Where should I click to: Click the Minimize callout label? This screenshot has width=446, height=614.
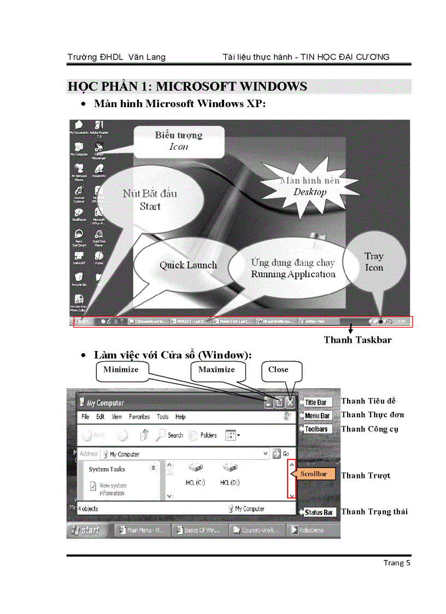(121, 370)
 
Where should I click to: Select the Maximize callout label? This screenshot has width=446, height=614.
(216, 370)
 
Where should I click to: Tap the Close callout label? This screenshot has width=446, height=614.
(279, 370)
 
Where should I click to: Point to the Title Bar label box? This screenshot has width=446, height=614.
(315, 402)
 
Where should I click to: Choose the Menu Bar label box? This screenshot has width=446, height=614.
(317, 416)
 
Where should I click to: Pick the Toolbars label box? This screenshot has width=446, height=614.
(316, 429)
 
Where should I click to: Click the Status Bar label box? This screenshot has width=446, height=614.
(319, 512)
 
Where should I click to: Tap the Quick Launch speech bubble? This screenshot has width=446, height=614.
(188, 265)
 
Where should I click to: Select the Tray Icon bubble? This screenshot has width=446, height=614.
(374, 262)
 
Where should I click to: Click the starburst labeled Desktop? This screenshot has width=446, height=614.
(309, 186)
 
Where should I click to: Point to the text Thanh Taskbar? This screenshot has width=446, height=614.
(357, 340)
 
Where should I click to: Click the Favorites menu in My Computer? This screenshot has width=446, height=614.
(139, 417)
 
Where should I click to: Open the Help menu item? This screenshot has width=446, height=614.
(180, 417)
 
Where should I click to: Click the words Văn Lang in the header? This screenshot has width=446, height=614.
(148, 57)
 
